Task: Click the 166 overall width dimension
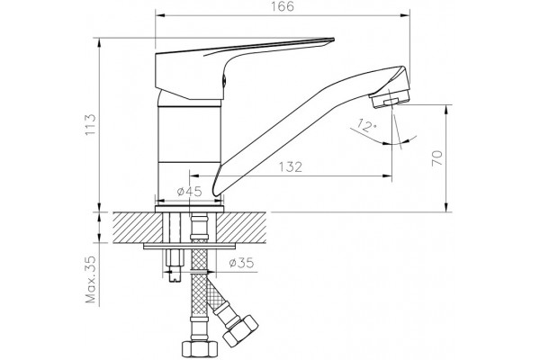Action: pos(283,6)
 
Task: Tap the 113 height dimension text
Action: pos(91,124)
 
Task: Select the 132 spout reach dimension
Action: pos(291,166)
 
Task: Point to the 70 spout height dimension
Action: pos(437,158)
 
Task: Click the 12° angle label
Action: pos(366,125)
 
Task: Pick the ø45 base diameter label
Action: pos(189,191)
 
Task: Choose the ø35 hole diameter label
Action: pos(241,263)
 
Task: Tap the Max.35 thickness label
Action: pos(91,279)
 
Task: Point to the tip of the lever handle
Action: pos(333,39)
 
